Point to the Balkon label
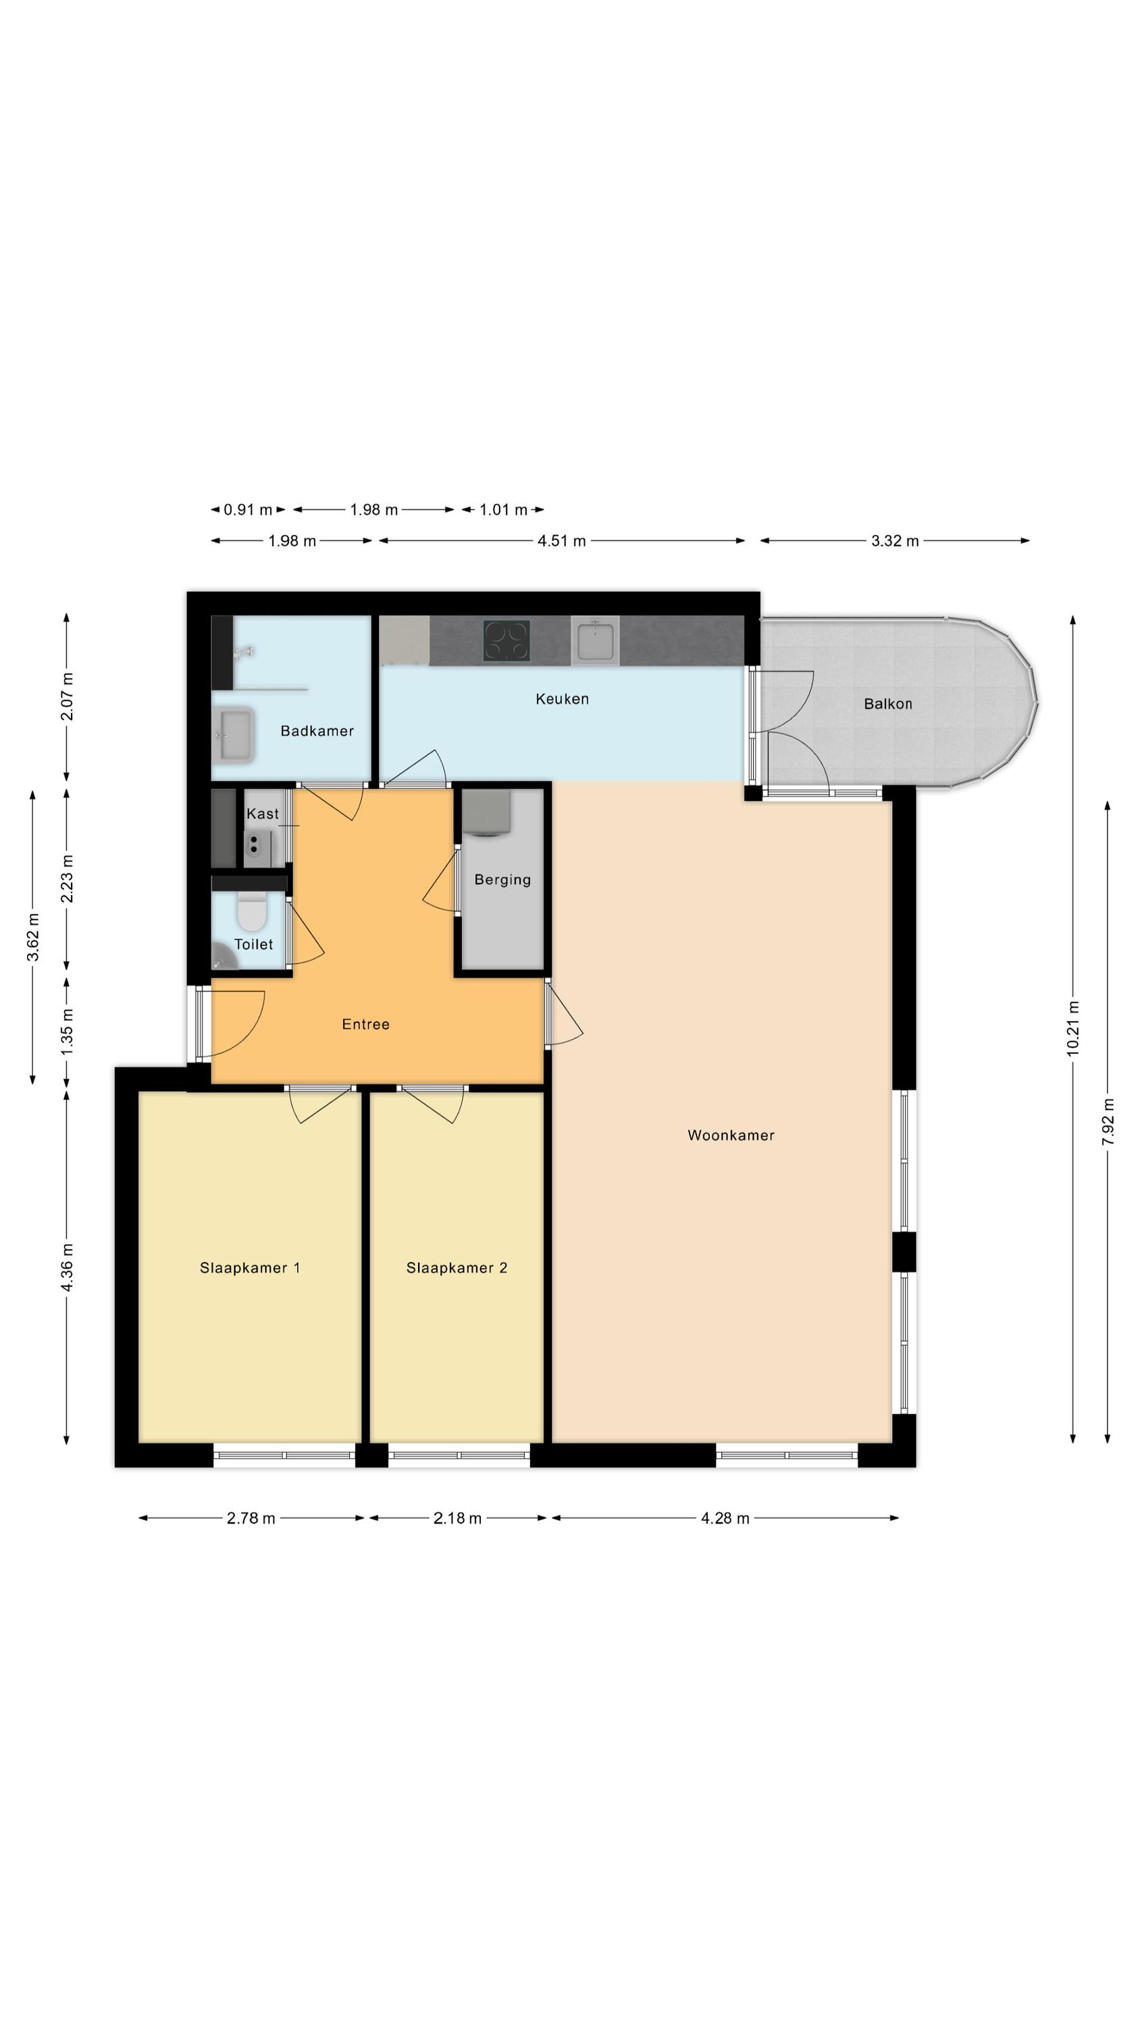(887, 703)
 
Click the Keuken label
(562, 698)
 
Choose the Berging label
(502, 879)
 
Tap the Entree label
(365, 1024)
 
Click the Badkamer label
(317, 730)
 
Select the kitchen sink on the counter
(595, 640)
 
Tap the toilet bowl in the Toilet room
(253, 913)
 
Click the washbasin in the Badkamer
(234, 735)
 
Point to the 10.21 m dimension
(1072, 1028)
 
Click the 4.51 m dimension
(562, 541)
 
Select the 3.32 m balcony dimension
(895, 541)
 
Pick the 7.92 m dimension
(1107, 1122)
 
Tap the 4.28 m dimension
(725, 1518)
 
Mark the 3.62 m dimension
(33, 937)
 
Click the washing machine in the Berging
(486, 812)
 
